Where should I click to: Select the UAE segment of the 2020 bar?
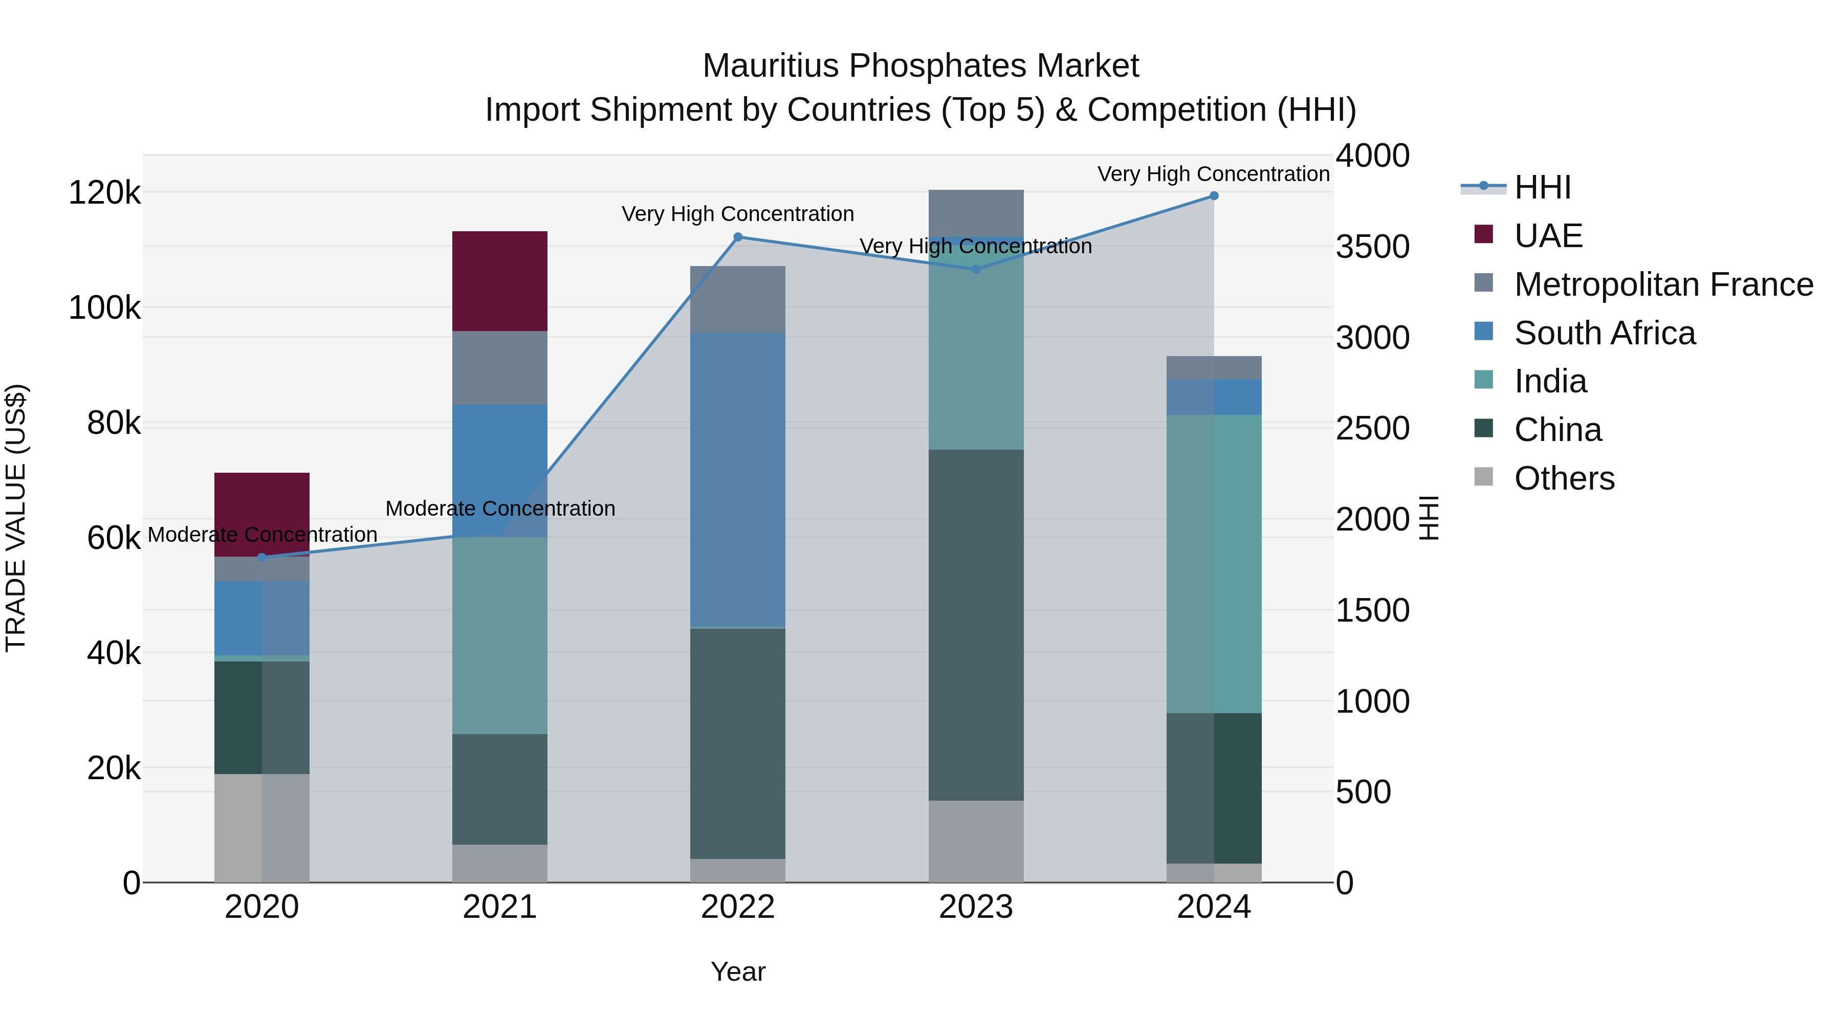coord(261,513)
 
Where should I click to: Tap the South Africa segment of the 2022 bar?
coord(737,479)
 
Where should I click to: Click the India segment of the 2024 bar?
coord(1214,563)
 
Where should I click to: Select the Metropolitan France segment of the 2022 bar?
coord(737,299)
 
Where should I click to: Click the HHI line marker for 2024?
coord(1214,196)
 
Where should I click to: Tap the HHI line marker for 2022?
coord(738,237)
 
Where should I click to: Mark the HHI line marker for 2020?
coord(261,557)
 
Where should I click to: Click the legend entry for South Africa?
coord(1604,333)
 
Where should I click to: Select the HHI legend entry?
coord(1542,187)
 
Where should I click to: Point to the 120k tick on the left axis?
coord(104,192)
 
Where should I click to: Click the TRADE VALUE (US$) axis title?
coord(16,518)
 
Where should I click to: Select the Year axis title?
coord(737,972)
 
